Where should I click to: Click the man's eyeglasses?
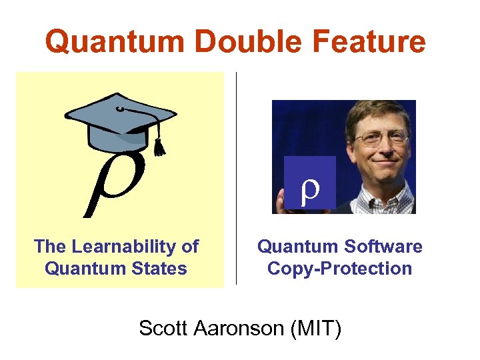pos(381,139)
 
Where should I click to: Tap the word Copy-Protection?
pos(339,269)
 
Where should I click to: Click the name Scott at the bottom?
pos(161,328)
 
